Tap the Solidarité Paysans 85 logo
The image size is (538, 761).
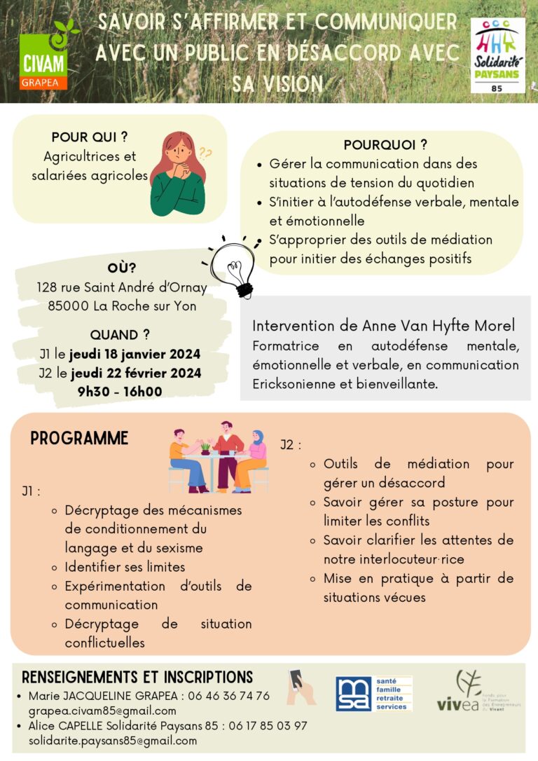pos(497,55)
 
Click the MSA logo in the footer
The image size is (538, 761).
pos(373,694)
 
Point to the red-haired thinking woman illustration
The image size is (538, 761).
pos(178,173)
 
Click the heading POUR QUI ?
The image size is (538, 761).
pos(90,137)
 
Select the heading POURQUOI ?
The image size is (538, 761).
pos(385,145)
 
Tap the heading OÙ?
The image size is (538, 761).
pos(122,268)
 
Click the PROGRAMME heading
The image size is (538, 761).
pos(79,439)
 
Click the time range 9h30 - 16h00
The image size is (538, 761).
pos(120,392)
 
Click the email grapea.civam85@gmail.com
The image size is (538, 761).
pos(102,711)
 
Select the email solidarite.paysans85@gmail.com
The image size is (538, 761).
pos(113,740)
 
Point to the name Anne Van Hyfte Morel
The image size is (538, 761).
pos(439,326)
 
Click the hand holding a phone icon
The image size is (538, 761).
pos(300,686)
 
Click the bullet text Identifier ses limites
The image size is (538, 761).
pos(125,566)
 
